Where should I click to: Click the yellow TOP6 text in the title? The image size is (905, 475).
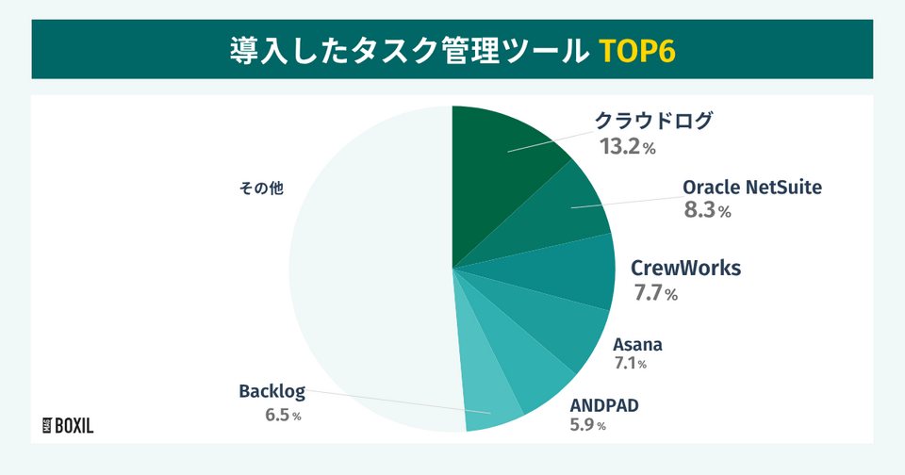point(636,52)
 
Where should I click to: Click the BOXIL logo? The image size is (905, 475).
point(68,426)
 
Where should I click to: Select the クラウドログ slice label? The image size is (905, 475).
point(653,121)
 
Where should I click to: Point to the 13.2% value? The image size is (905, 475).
point(628,147)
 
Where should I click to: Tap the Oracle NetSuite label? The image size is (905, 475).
point(752,187)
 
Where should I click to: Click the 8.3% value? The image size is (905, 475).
point(708,210)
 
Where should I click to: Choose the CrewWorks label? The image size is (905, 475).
point(685,269)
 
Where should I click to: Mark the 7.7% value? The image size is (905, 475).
point(656,294)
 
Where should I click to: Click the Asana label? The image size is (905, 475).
point(637,345)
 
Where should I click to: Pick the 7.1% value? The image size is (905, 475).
point(631,364)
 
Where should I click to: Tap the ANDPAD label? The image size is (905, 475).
point(604,406)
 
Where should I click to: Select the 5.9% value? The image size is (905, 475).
point(587,425)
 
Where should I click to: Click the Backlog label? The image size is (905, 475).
point(271,391)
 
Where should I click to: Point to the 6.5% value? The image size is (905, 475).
point(283,415)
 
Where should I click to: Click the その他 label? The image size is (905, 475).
point(261,188)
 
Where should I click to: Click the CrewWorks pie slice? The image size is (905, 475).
point(568,270)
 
